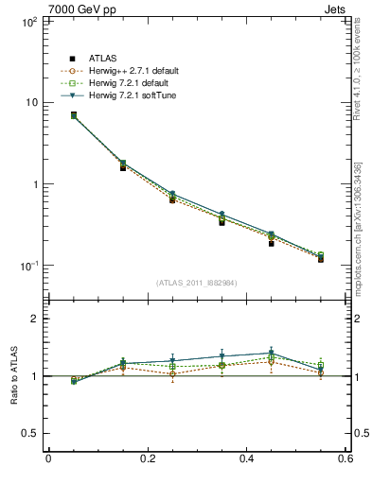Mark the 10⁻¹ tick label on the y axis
27,266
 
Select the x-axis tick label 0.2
147,459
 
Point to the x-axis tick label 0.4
246,459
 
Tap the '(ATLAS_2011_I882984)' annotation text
197,282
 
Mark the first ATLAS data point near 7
47,115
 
